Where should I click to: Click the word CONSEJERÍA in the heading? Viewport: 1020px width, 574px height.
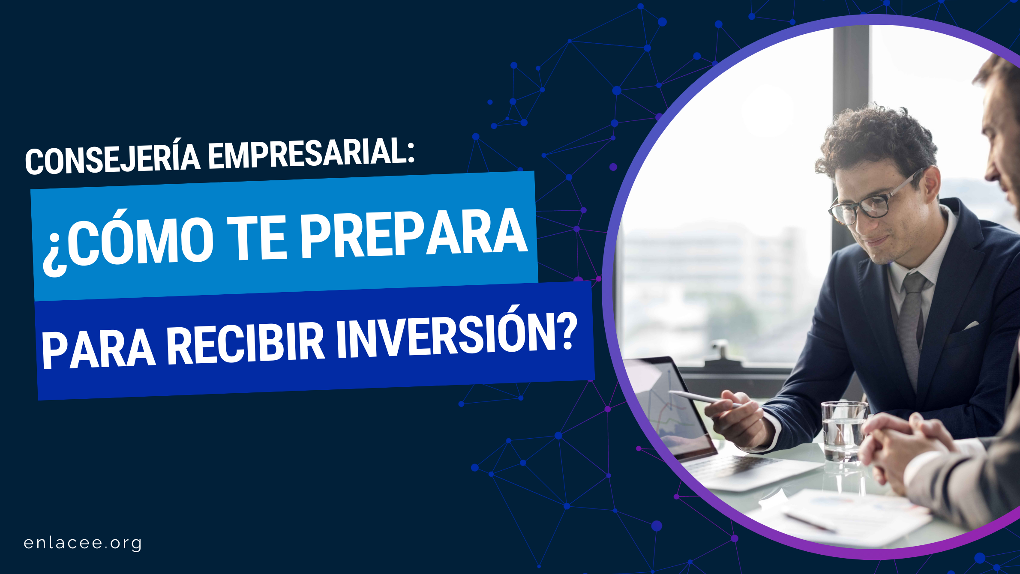tap(113, 158)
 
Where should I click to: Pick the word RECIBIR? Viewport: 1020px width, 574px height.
tap(246, 343)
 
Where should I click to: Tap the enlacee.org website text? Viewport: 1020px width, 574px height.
tap(83, 543)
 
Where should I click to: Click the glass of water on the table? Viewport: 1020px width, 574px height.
tap(843, 433)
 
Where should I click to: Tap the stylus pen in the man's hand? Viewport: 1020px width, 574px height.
tap(703, 398)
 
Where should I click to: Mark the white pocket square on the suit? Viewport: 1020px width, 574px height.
tap(971, 325)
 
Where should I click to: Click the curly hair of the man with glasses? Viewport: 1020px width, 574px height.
tap(874, 141)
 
